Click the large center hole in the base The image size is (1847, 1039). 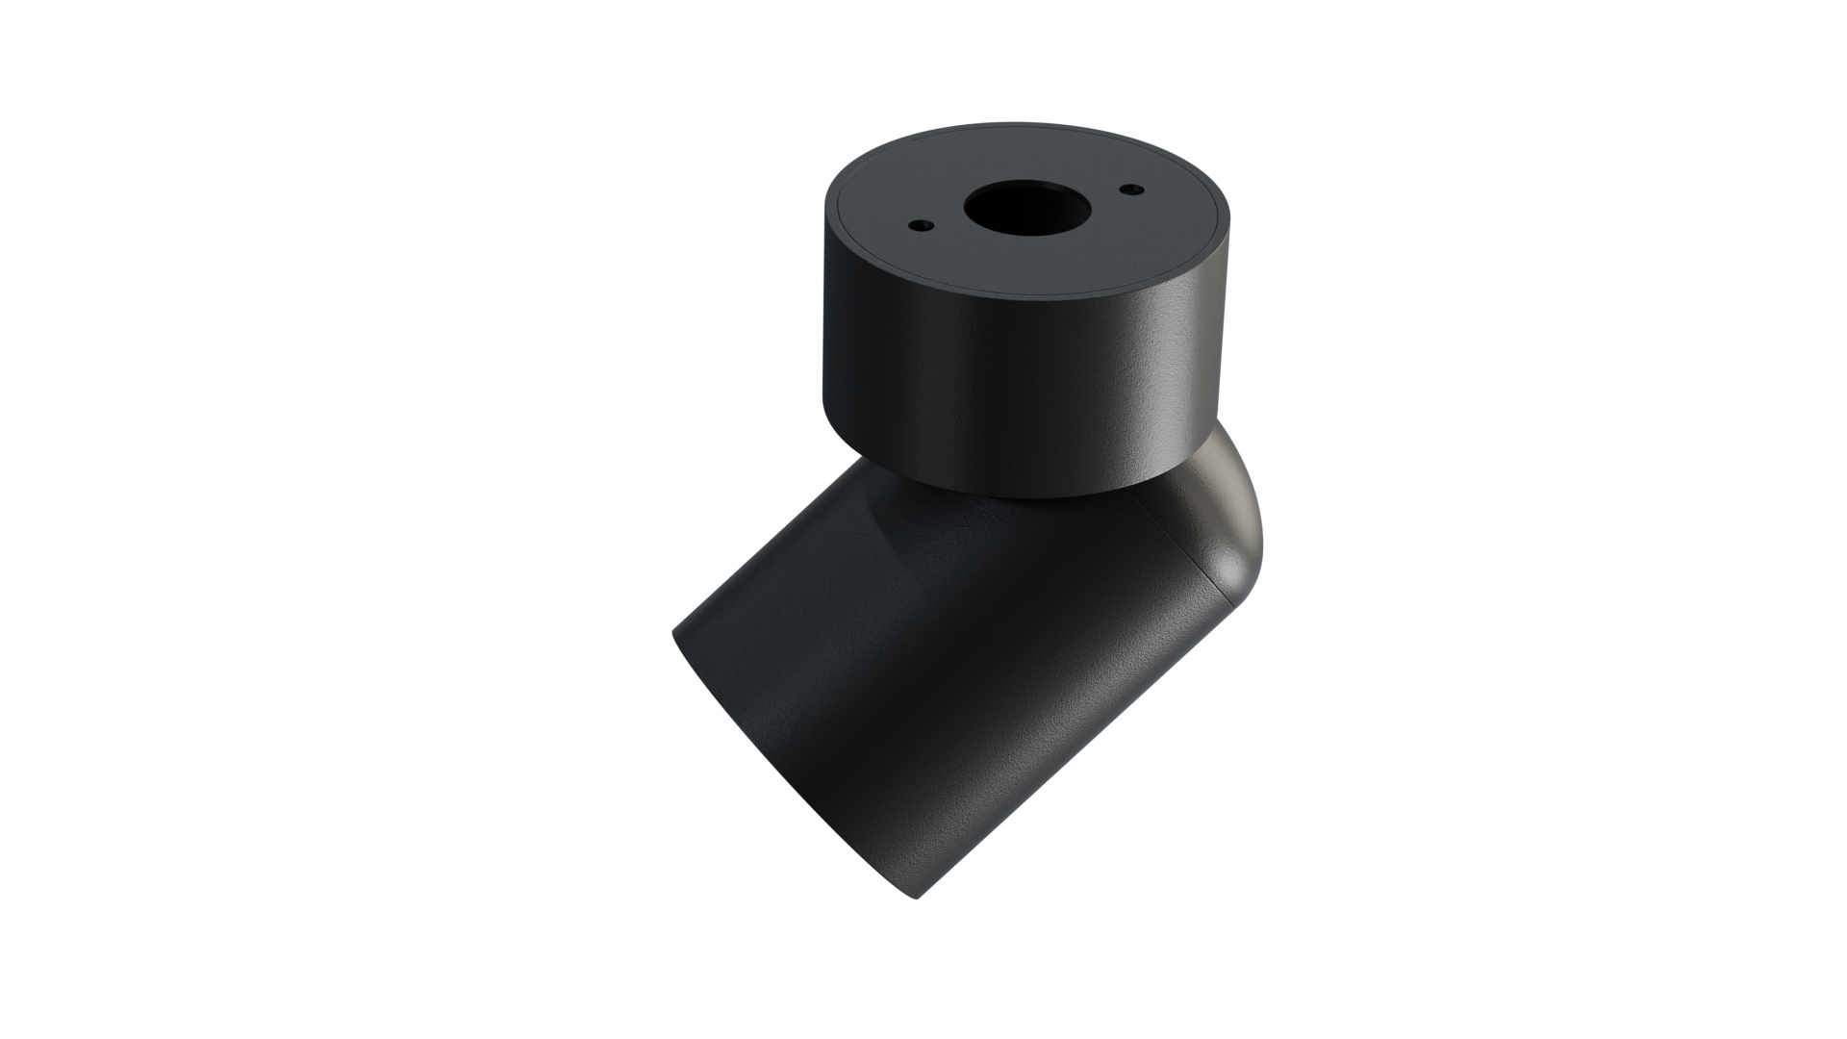click(x=1025, y=210)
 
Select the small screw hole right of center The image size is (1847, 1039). click(x=1130, y=190)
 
